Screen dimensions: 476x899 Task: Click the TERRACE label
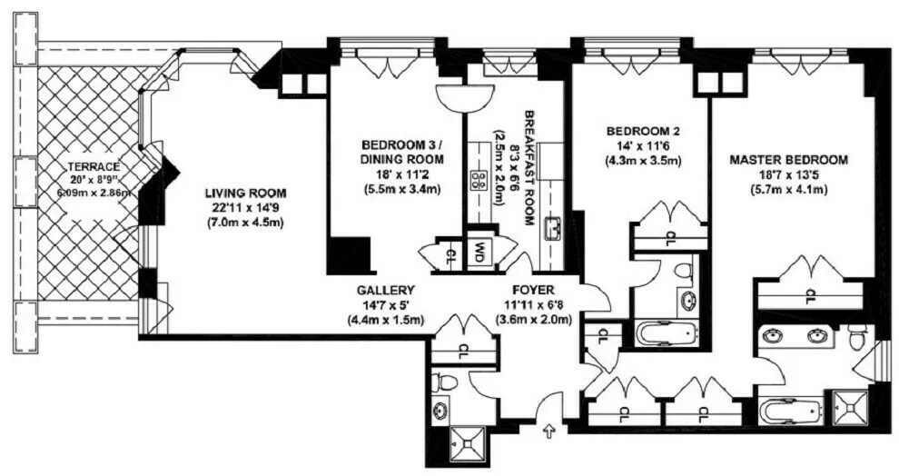94,167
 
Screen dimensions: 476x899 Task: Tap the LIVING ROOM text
245,193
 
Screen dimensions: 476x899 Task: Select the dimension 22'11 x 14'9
245,208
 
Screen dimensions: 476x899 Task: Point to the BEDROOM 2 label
643,131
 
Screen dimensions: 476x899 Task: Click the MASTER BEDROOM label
788,160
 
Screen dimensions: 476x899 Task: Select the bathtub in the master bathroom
791,408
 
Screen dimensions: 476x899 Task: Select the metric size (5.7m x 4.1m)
788,190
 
